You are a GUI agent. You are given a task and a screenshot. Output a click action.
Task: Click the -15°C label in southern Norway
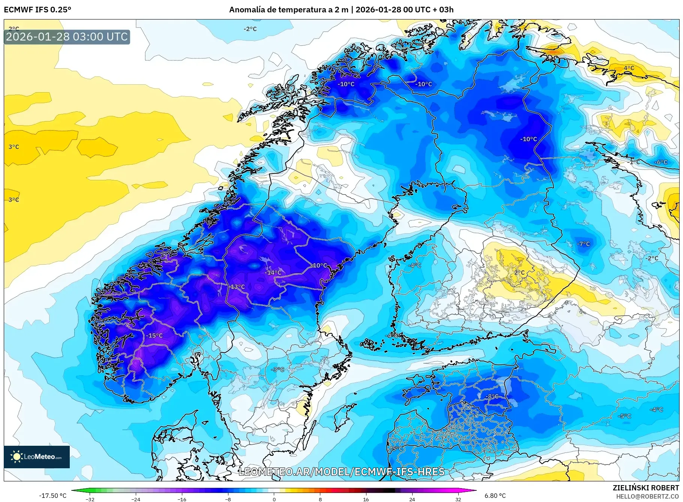click(x=155, y=336)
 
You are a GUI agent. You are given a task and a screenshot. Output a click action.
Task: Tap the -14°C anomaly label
click(x=273, y=273)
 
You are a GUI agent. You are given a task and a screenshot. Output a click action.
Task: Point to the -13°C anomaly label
click(x=237, y=287)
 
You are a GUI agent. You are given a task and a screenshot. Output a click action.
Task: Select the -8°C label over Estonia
click(x=492, y=396)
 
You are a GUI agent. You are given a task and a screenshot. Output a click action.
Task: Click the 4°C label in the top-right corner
click(x=629, y=68)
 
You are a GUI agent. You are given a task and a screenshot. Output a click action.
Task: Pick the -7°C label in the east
click(x=583, y=244)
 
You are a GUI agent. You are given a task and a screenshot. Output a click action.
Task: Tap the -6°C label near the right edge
click(x=661, y=162)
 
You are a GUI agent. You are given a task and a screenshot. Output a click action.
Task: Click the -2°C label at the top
click(x=250, y=29)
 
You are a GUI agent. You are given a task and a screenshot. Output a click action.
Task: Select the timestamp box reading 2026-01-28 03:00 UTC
click(x=67, y=37)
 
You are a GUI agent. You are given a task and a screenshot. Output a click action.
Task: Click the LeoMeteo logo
click(x=37, y=457)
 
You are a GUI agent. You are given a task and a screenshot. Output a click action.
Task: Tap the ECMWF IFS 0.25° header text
click(x=38, y=10)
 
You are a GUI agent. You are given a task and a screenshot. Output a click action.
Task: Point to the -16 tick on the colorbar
click(x=182, y=499)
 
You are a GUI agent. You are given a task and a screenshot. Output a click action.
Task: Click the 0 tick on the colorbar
click(x=274, y=499)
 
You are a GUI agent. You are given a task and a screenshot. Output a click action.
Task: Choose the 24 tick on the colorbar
click(x=412, y=499)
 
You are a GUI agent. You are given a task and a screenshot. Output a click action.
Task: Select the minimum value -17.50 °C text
click(x=53, y=496)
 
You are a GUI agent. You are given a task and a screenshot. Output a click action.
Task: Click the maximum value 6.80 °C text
click(x=495, y=496)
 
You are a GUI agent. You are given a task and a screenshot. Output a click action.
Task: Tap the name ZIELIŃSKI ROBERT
click(x=645, y=488)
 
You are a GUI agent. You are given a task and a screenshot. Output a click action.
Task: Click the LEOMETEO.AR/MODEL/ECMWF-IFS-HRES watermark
click(x=341, y=472)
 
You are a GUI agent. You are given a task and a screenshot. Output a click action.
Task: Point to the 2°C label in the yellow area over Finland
click(x=519, y=273)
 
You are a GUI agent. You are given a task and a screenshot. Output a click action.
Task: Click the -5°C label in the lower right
click(x=625, y=416)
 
